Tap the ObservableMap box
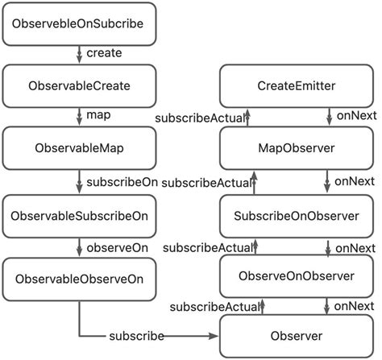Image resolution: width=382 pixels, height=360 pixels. [78, 150]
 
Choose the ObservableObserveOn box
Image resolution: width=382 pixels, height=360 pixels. [78, 279]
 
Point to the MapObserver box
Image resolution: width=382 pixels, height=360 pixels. [297, 150]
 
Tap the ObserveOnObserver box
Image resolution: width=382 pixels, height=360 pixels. [297, 276]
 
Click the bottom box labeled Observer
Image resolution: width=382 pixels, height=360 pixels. [297, 336]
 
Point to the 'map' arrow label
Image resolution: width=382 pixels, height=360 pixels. [98, 115]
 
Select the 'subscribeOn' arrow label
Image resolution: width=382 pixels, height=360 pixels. [121, 182]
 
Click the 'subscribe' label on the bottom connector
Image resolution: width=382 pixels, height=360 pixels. [138, 335]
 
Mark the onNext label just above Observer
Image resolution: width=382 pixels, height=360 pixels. [355, 306]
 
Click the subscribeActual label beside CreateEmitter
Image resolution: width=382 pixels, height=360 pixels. [201, 119]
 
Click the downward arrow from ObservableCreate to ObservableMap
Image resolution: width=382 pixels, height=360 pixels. [78, 117]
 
